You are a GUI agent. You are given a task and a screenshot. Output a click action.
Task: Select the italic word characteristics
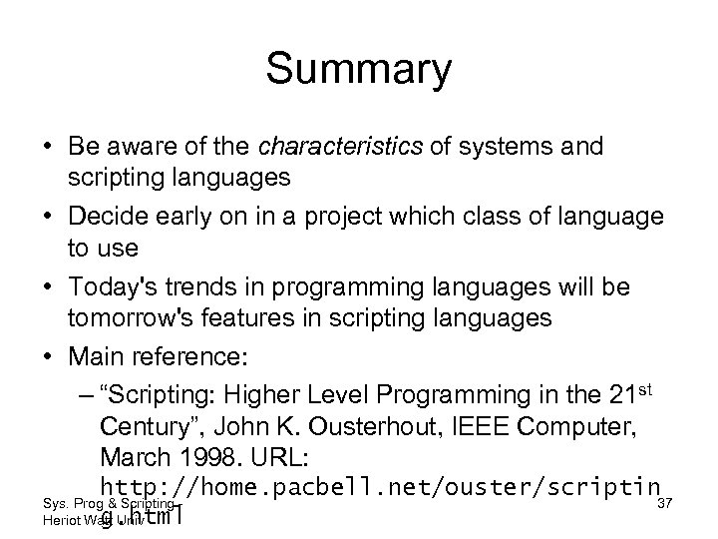click(x=328, y=148)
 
